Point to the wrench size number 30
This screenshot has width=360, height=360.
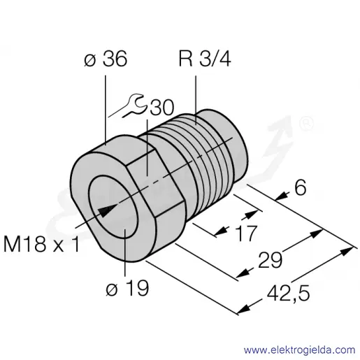(x=162, y=108)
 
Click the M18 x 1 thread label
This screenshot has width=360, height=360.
(x=41, y=244)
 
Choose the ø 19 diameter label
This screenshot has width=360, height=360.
(x=127, y=288)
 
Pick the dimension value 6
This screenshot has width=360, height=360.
(x=300, y=188)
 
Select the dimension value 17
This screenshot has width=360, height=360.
(x=246, y=233)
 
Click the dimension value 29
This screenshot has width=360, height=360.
(x=271, y=260)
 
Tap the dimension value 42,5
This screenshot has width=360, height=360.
(x=288, y=293)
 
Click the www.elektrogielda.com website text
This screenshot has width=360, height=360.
(x=299, y=350)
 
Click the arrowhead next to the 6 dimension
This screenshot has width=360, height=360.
(x=281, y=197)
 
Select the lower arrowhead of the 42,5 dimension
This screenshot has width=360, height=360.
(x=243, y=310)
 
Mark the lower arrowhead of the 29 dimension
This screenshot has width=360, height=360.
(x=242, y=273)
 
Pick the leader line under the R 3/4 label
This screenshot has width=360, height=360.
(x=196, y=100)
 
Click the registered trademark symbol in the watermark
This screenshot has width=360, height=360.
(x=306, y=124)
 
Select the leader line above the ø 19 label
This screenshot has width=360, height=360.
(x=125, y=252)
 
